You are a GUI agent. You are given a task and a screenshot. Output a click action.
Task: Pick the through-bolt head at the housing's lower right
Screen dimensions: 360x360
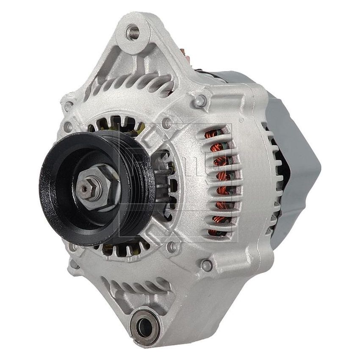pos(206,265)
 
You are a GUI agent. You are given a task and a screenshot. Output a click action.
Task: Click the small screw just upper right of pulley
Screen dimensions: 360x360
pos(168,123)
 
